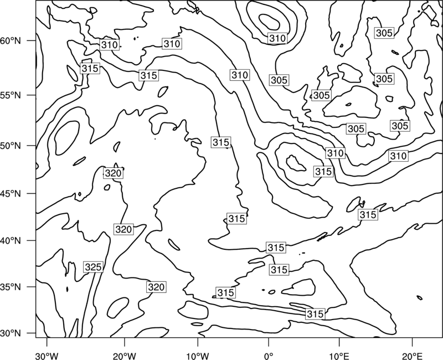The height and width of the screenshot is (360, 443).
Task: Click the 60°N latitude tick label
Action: click(x=11, y=41)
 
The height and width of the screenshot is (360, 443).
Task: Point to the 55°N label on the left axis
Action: click(x=11, y=95)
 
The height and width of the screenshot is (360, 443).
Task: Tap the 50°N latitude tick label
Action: click(x=11, y=146)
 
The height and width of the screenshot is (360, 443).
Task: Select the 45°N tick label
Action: click(x=11, y=193)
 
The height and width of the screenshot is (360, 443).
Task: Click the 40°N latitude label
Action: click(x=11, y=240)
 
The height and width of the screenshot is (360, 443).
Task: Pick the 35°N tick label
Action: click(x=11, y=287)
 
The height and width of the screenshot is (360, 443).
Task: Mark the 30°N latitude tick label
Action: click(x=11, y=333)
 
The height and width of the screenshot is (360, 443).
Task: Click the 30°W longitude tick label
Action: click(x=47, y=356)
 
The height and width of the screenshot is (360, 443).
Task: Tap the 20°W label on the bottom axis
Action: click(x=125, y=356)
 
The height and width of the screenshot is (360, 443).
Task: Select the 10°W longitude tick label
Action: click(x=198, y=356)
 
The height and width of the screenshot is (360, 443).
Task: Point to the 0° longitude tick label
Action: click(x=269, y=356)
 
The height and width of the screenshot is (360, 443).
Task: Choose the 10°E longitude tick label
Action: click(x=339, y=356)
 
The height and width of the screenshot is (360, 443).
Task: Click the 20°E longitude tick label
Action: click(x=412, y=356)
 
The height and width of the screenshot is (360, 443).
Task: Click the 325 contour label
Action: click(x=93, y=267)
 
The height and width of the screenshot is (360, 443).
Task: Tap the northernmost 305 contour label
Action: click(x=384, y=33)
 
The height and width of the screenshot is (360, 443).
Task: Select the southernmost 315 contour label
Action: click(x=315, y=314)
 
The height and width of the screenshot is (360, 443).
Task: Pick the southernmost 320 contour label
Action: click(x=156, y=287)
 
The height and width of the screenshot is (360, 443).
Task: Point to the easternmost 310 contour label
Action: click(x=398, y=156)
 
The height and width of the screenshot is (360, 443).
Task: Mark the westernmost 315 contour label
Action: click(x=90, y=68)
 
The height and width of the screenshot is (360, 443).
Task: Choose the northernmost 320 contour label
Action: click(x=113, y=173)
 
